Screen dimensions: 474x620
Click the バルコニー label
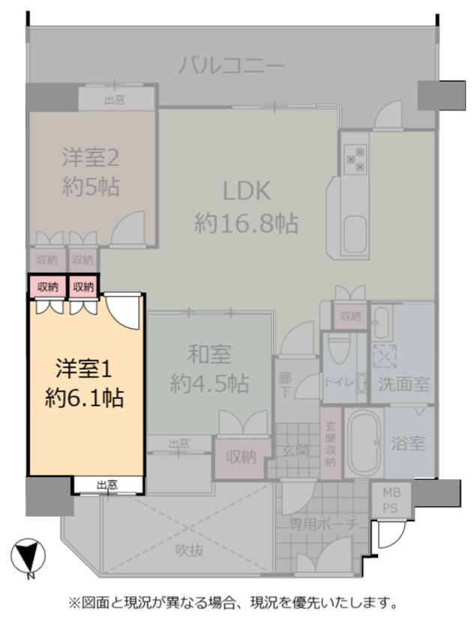(231, 65)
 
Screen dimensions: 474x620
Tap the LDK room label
(247, 191)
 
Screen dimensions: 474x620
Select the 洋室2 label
(91, 157)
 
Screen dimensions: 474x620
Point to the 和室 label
(209, 354)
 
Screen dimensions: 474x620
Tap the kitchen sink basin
(355, 235)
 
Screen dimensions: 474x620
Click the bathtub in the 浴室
(363, 443)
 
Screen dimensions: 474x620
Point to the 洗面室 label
(404, 384)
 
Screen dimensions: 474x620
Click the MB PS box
(391, 499)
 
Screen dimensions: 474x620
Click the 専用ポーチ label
(323, 524)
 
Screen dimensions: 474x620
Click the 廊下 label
(284, 384)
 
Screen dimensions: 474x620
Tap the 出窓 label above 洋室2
(115, 100)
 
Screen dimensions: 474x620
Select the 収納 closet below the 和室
(241, 458)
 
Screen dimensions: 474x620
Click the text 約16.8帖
(246, 223)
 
